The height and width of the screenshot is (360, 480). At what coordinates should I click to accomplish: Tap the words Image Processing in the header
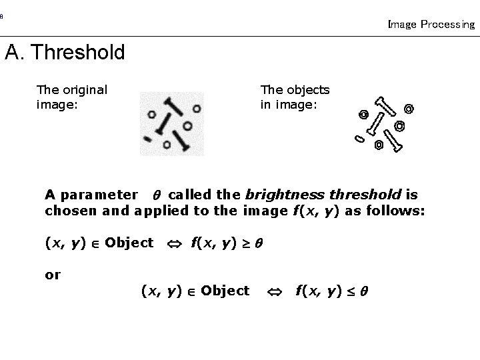(x=431, y=25)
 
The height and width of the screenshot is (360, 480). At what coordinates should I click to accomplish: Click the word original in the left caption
(x=83, y=89)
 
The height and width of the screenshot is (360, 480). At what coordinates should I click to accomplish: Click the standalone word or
(x=53, y=274)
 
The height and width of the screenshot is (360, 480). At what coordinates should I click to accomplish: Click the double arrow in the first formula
(x=172, y=243)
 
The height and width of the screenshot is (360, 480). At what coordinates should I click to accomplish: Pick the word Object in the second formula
(x=225, y=291)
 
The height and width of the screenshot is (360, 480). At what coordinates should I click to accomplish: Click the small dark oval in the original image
(x=147, y=138)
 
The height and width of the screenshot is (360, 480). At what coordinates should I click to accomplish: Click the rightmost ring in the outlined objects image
(x=409, y=108)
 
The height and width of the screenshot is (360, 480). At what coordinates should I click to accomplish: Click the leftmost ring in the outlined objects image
(x=363, y=115)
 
